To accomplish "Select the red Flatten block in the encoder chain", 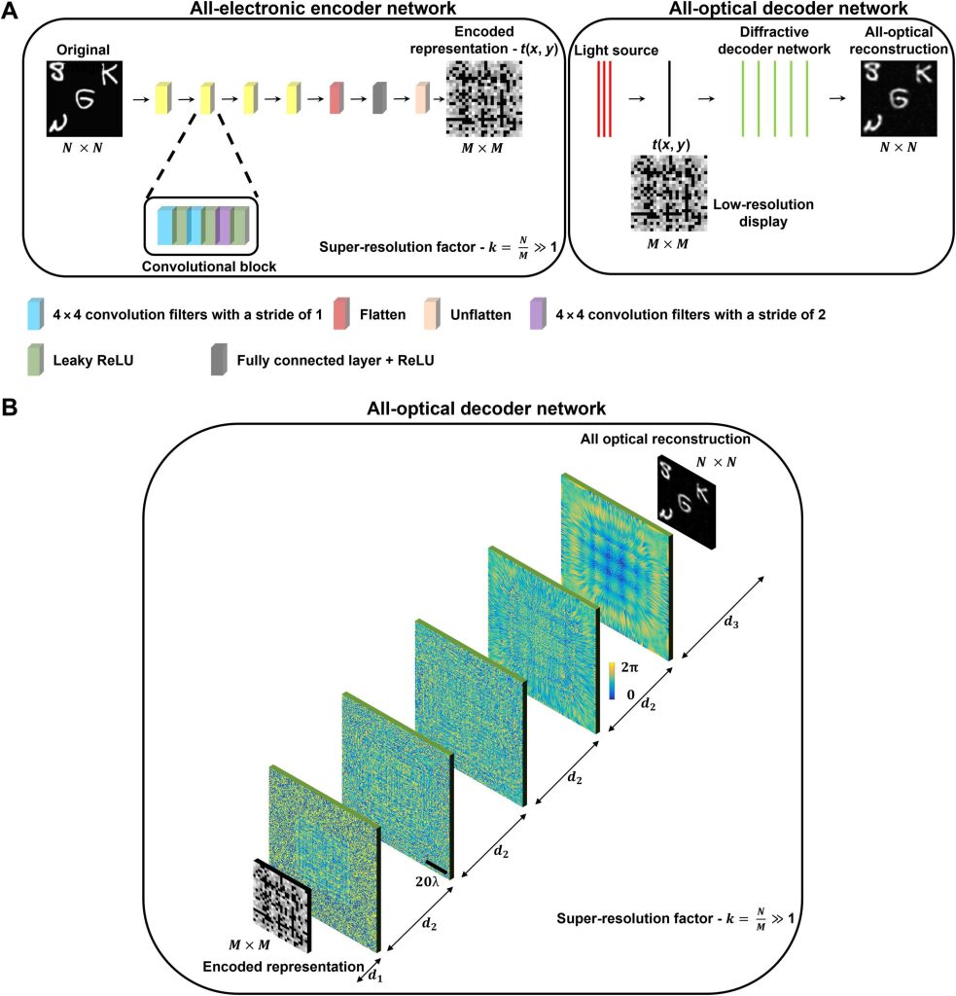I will (336, 99).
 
